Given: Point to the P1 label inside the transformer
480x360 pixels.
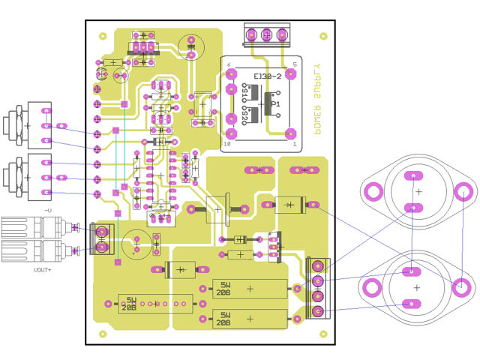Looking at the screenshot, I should coord(275,103).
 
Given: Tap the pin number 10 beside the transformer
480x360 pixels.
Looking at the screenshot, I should coord(227,142).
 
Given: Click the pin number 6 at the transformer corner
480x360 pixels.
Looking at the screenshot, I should coord(229,65).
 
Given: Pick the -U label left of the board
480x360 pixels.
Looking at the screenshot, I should coord(48,211).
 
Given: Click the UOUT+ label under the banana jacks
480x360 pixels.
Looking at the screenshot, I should coord(43,268).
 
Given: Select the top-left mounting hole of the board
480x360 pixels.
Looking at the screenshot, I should coord(102,35).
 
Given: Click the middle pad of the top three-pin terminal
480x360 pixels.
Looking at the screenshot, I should coord(265,34).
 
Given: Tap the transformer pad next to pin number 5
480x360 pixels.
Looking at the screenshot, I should coord(291,75).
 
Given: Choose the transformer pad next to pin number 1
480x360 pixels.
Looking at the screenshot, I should coord(291,133).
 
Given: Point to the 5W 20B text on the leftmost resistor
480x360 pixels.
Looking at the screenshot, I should coord(130,303).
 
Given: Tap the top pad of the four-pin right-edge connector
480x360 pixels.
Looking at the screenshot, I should coord(318,266).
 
